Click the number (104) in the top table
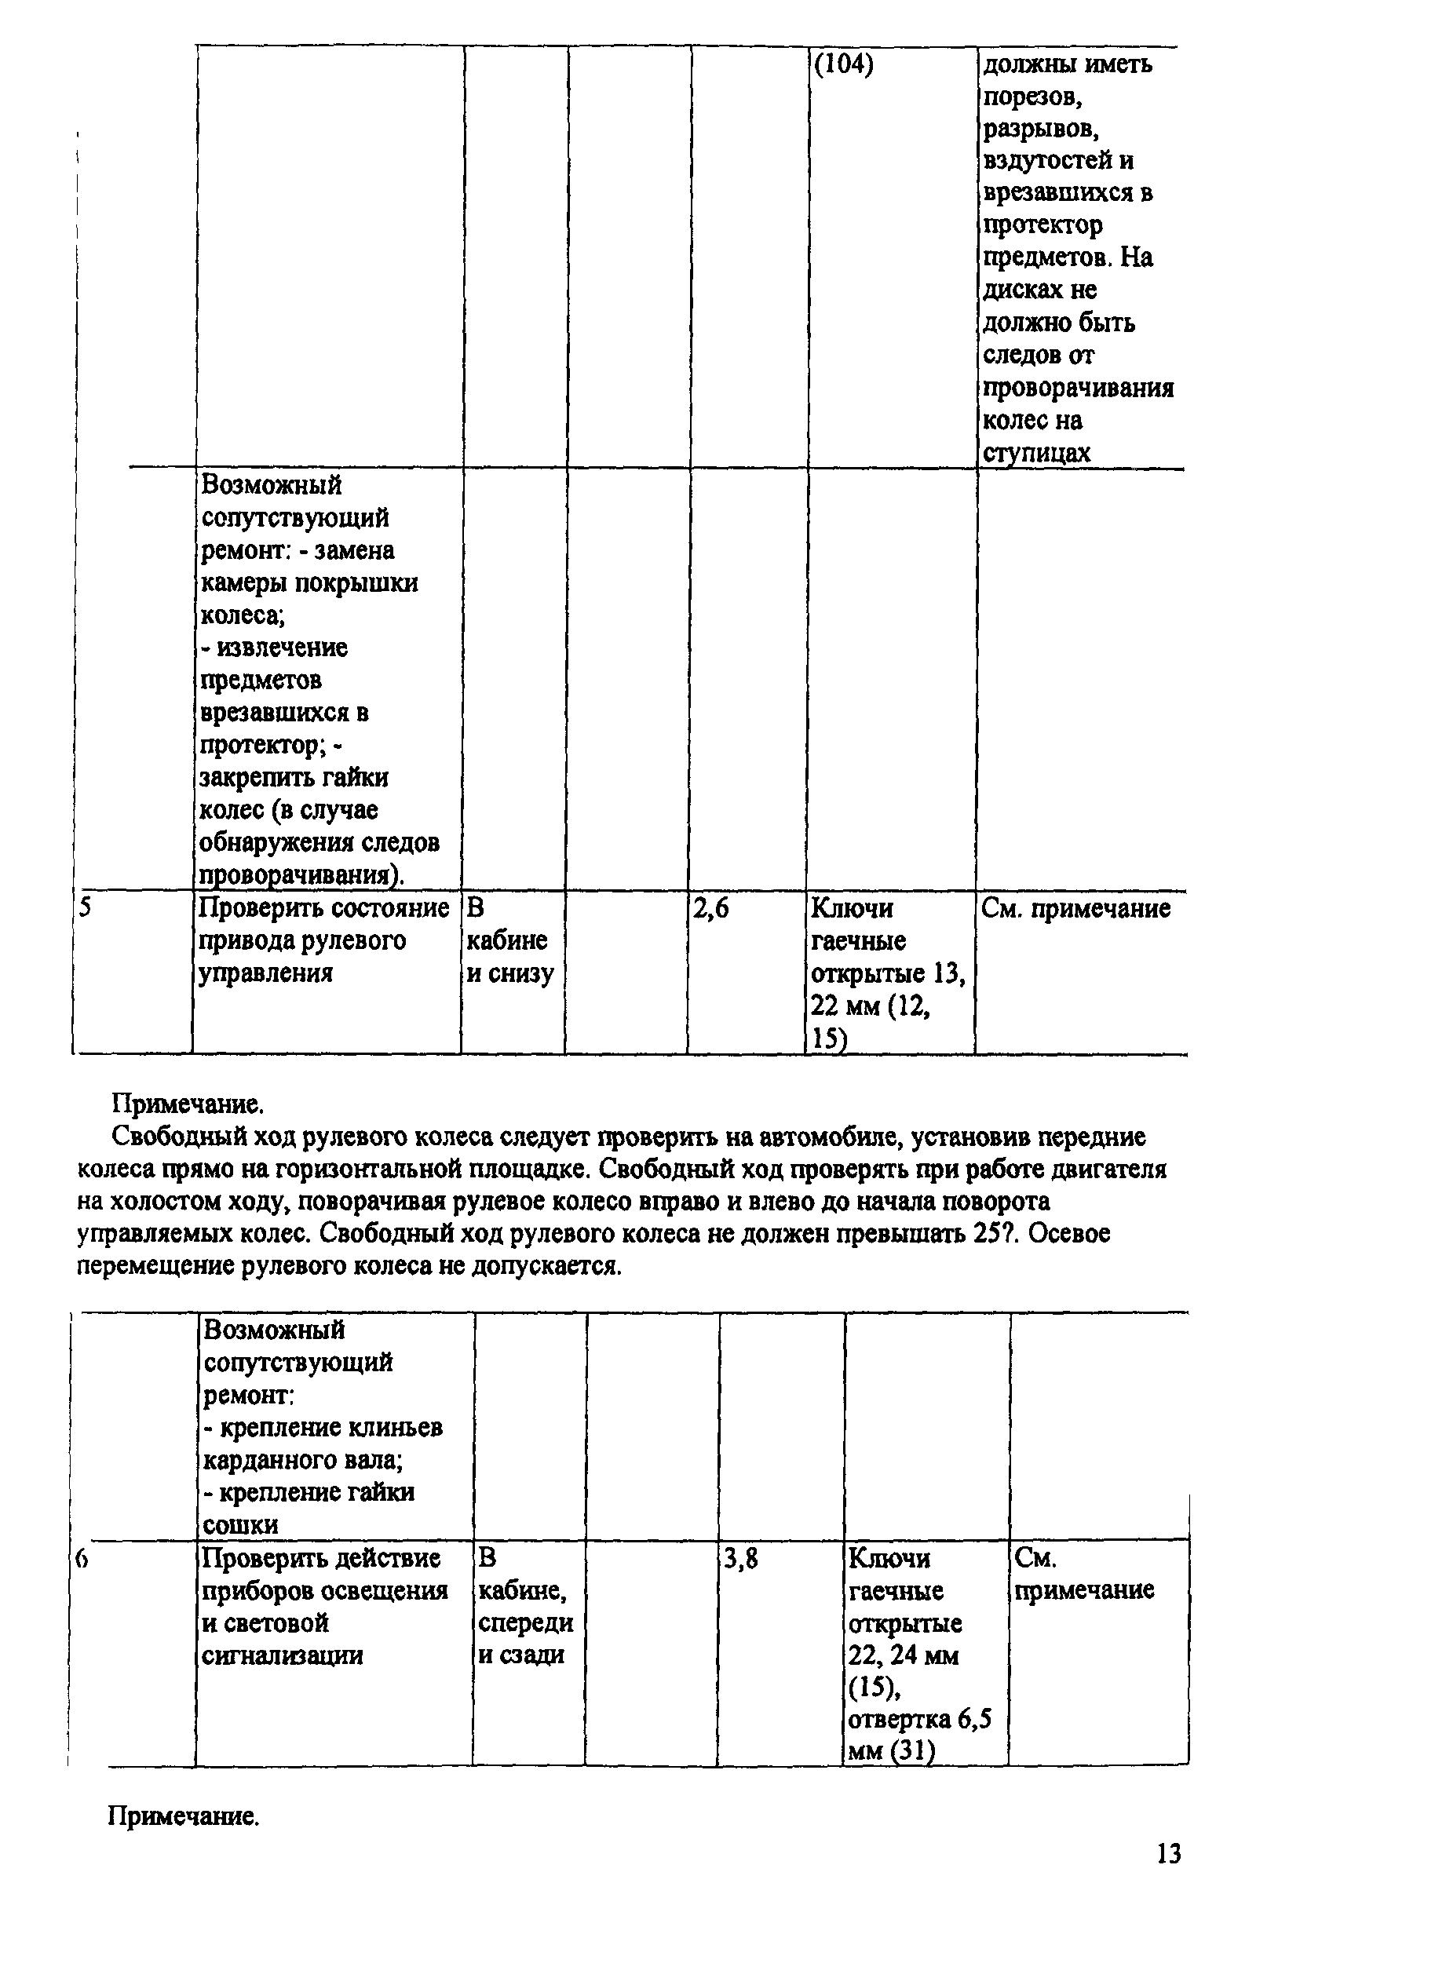[x=844, y=66]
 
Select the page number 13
[x=1169, y=1853]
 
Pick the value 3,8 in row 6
[x=740, y=1559]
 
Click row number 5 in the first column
[x=84, y=907]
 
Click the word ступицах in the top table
[x=1036, y=454]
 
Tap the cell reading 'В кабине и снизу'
[x=509, y=941]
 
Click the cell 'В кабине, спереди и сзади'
[x=525, y=1606]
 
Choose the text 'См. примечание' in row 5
[x=1075, y=908]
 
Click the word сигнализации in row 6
[x=282, y=1656]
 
